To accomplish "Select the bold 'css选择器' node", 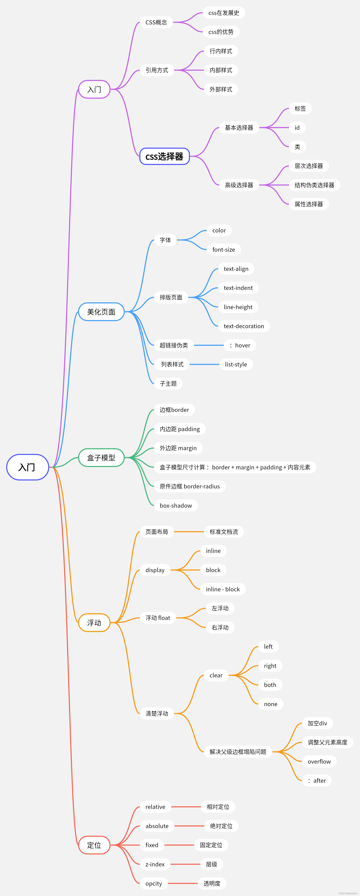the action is [164, 156].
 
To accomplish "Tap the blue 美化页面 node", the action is [101, 312].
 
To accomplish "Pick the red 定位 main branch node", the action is [94, 845].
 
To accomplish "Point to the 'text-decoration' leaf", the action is [244, 326].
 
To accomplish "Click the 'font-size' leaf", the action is [224, 249].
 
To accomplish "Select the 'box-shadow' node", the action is [176, 505].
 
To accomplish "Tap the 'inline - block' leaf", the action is [223, 589].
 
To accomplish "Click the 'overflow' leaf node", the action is [319, 761].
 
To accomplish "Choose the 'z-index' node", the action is [155, 864].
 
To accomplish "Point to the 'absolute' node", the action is [157, 826].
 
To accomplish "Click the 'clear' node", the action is [216, 675].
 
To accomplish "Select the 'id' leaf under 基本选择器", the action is [297, 128].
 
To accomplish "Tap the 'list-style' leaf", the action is [236, 364].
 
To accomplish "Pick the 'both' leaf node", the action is [270, 685].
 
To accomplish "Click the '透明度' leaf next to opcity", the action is [212, 883].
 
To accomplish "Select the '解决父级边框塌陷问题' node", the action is [238, 752].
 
